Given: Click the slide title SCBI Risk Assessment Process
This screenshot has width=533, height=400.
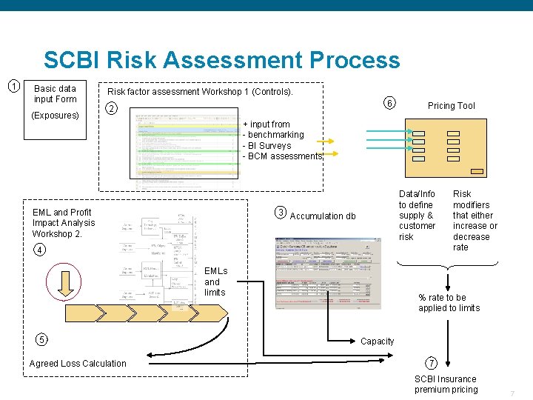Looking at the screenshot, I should click(221, 60).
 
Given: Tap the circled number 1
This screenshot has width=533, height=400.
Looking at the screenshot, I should click(13, 86).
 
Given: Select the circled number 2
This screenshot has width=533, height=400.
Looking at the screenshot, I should click(111, 110).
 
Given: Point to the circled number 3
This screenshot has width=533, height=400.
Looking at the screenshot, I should click(281, 213).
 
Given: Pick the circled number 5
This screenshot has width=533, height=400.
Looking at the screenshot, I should click(41, 339).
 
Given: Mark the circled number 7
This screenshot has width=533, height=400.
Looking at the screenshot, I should click(432, 363).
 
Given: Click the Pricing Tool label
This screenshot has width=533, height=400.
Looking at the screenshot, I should click(451, 106).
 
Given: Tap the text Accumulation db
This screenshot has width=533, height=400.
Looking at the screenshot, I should click(323, 216).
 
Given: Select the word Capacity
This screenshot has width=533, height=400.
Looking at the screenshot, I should click(378, 341).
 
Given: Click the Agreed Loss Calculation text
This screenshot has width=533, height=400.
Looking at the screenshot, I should click(78, 363).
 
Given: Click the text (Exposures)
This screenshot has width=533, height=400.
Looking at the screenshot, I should click(56, 116).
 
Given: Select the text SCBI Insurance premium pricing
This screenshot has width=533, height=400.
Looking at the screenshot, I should click(446, 384).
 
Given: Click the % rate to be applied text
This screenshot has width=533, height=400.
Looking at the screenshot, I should click(449, 303).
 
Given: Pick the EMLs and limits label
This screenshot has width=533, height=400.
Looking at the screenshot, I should click(215, 281).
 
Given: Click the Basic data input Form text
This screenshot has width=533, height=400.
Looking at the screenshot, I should click(55, 93).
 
